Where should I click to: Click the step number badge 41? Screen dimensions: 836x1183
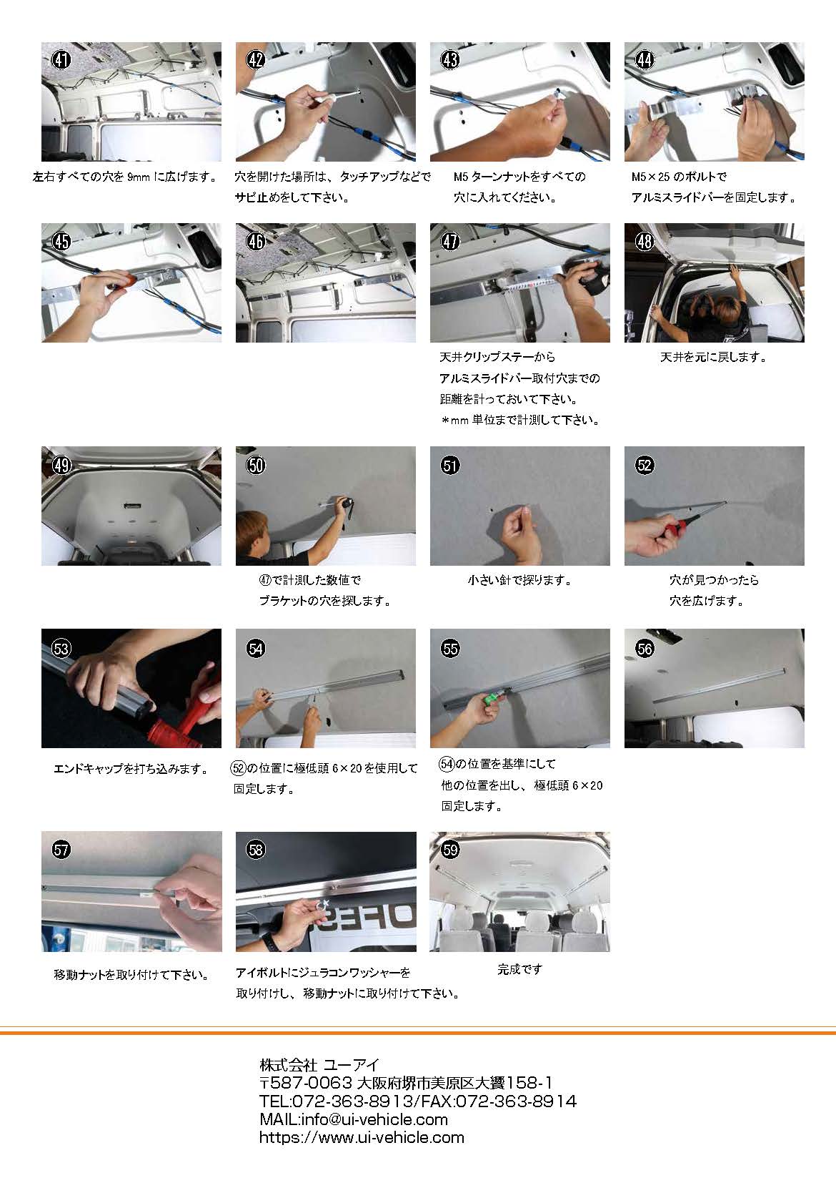[61, 59]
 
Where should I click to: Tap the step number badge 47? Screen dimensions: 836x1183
[450, 241]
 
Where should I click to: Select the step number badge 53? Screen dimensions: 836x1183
[61, 648]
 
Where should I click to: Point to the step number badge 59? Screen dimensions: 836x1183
[450, 850]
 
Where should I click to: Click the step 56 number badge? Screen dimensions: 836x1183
[645, 648]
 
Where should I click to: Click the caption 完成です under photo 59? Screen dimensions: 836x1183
[520, 969]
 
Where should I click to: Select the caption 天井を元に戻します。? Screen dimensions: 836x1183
[713, 358]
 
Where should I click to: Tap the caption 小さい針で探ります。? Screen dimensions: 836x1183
[519, 580]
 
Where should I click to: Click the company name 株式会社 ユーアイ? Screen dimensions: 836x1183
[319, 1065]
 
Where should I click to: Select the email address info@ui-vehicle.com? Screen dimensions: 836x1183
[374, 1119]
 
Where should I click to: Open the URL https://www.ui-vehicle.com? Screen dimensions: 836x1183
[362, 1137]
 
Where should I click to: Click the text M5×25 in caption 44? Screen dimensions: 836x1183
[650, 177]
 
